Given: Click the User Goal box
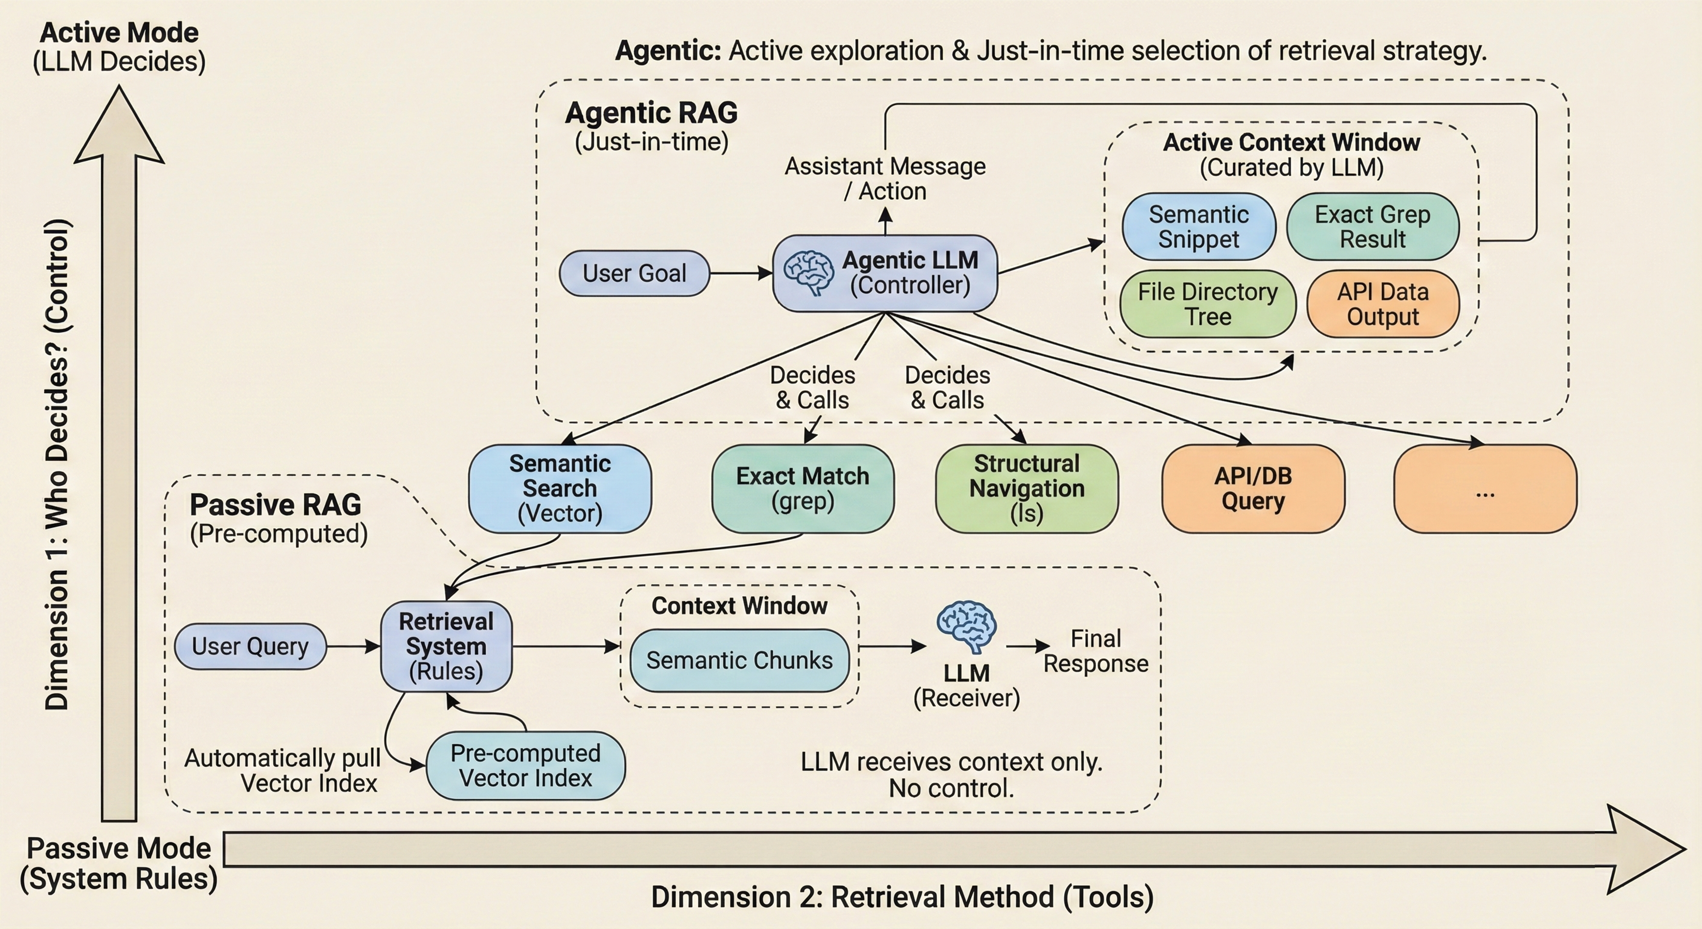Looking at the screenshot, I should click(634, 273).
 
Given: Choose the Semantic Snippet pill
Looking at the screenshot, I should click(1198, 227).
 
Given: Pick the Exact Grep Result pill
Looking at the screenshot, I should click(1372, 227).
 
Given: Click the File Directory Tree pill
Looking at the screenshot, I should click(1208, 304).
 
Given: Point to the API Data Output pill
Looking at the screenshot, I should click(1383, 304).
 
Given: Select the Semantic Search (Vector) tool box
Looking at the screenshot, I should click(560, 488).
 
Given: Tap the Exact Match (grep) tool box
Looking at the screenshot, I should click(803, 488).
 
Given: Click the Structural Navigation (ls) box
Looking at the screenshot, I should click(1027, 488).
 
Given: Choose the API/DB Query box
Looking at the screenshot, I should click(1253, 488).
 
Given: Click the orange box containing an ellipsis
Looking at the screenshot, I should click(1485, 488).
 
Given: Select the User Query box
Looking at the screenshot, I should click(250, 646).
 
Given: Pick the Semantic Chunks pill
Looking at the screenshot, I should click(739, 660).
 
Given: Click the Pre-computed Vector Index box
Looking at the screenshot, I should click(525, 765).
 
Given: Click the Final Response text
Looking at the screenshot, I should click(1095, 651).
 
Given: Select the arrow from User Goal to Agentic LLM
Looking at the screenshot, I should click(740, 273).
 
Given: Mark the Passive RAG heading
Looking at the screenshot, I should click(275, 505).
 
